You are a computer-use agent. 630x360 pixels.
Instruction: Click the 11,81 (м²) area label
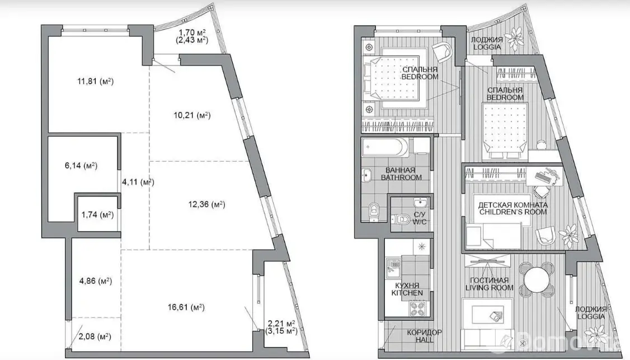[95, 81]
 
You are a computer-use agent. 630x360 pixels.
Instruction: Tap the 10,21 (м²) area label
[192, 115]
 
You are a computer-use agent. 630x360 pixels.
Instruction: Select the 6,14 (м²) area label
[81, 165]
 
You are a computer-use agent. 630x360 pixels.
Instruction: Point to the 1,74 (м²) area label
[98, 215]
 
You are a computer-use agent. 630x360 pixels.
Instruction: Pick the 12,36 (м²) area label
[206, 204]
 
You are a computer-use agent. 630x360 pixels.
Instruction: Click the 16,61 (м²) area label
[186, 308]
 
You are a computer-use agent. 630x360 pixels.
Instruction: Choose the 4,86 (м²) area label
[95, 280]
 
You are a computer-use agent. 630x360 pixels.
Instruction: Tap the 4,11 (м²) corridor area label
[138, 182]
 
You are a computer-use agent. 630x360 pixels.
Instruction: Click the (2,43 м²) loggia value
[192, 40]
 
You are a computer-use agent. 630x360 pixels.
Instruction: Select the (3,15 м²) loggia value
[281, 331]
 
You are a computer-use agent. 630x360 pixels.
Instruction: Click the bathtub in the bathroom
[385, 148]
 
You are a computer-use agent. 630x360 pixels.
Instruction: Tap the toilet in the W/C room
[401, 219]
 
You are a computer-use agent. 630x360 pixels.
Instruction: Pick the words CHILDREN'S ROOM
[513, 212]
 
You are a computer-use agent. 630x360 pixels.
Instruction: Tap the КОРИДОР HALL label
[424, 336]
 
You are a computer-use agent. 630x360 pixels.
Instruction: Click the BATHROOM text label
[401, 177]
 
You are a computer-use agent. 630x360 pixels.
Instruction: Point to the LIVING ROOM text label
[490, 288]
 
